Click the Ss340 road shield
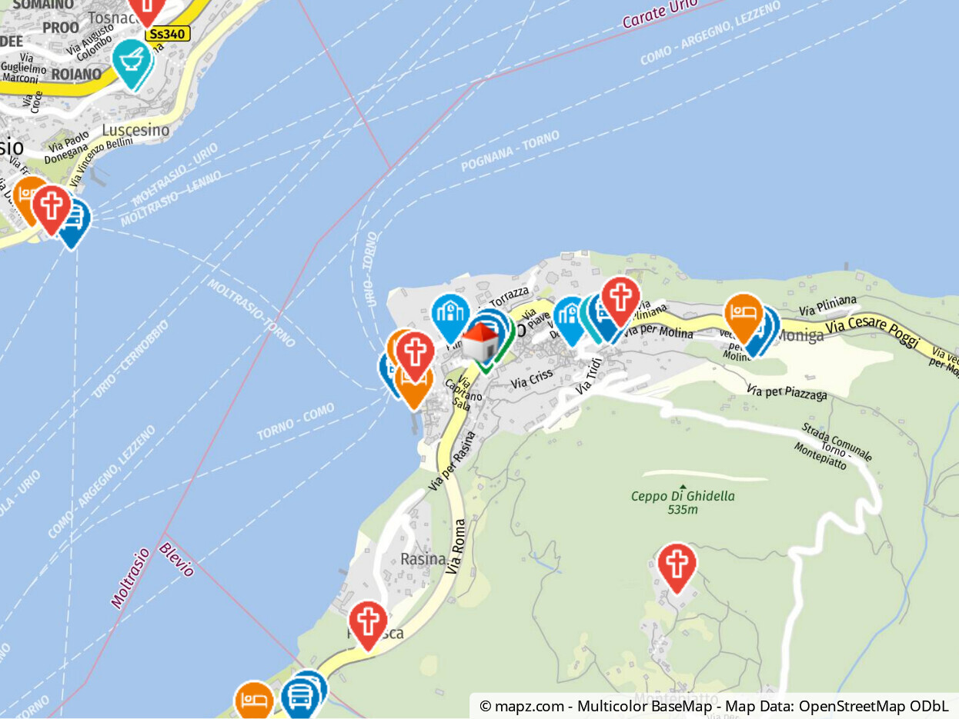[167, 34]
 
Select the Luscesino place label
[135, 130]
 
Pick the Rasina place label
[423, 559]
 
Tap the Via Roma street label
[458, 547]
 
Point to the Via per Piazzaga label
[787, 392]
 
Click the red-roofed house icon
[481, 342]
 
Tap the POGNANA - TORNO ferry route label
[510, 151]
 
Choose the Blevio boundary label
[176, 559]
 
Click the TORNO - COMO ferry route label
[296, 423]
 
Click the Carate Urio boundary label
[660, 14]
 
